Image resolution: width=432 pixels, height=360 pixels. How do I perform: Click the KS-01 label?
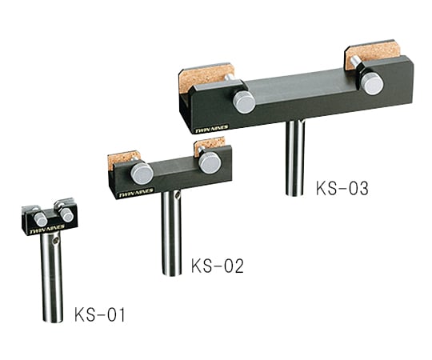[100, 314]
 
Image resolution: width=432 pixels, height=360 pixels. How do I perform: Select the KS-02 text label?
[217, 266]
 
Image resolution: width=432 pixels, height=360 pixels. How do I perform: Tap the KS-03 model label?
[342, 190]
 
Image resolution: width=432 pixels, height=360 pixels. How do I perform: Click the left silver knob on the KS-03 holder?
[244, 102]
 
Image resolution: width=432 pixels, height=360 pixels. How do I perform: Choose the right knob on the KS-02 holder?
[210, 162]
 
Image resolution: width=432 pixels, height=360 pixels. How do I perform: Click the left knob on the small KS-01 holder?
[40, 219]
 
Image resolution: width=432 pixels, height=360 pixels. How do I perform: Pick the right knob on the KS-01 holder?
[66, 215]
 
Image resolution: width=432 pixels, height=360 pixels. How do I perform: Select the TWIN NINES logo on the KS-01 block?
[36, 234]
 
